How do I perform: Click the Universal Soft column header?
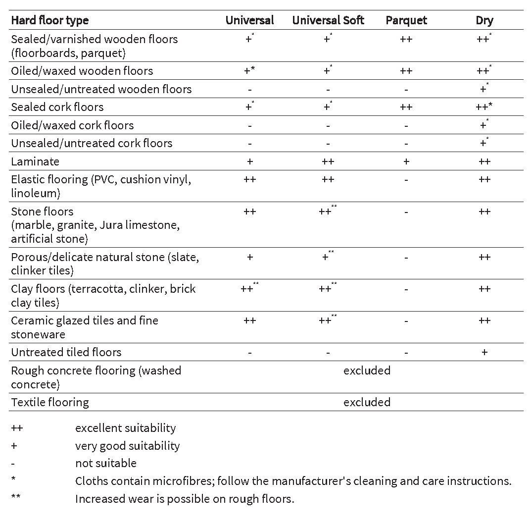coord(328,20)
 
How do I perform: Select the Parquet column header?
coord(406,20)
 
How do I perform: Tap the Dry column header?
coord(484,20)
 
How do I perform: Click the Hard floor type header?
coord(49,20)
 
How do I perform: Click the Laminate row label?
coord(35,161)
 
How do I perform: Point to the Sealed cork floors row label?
coord(57,107)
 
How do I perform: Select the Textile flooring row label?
coord(50,402)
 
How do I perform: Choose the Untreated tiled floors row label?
coord(66,352)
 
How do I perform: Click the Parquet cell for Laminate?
coord(406,161)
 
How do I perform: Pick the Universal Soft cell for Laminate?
coord(328,161)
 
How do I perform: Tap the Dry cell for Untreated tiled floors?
coord(484,352)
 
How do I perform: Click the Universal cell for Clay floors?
coord(248,289)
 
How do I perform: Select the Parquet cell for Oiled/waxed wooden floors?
coord(406,71)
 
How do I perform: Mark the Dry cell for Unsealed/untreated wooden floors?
coord(484,89)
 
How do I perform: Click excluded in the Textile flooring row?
coord(367,402)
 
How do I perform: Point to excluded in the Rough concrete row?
coord(367,371)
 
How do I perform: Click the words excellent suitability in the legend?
coord(125,427)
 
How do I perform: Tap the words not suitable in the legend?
coord(105,463)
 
